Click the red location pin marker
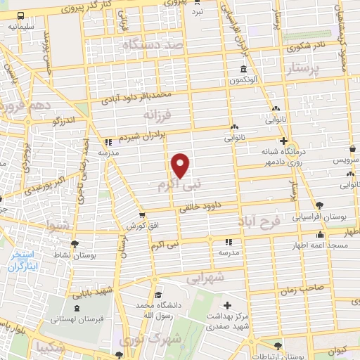pos(181,165)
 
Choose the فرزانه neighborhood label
pos(157,114)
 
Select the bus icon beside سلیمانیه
pos(21,15)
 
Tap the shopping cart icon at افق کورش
pos(142,215)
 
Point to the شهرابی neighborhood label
pos(205,277)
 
